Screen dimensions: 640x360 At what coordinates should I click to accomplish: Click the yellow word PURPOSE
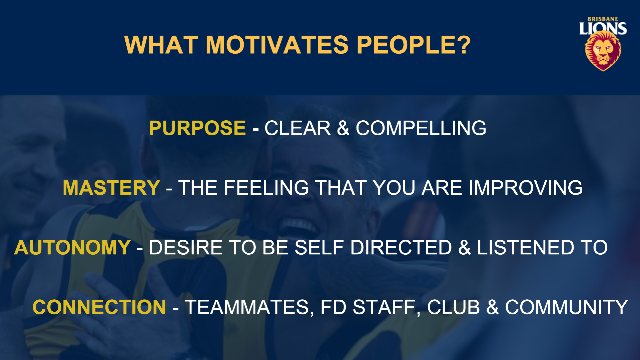[197, 128]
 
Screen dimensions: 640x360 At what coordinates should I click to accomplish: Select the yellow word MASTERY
[111, 188]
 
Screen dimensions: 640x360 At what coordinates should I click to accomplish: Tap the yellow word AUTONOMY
[72, 247]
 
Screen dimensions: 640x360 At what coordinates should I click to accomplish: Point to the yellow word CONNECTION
[99, 307]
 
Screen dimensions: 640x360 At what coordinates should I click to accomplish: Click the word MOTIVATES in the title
[277, 45]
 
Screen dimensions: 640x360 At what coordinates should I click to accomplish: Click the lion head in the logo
[603, 51]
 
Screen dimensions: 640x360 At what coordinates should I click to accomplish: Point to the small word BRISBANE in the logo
[603, 19]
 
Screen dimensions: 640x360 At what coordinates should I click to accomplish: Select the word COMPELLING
[421, 128]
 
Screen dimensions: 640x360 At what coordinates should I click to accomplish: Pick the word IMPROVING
[526, 188]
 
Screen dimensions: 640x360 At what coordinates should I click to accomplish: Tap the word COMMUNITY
[567, 307]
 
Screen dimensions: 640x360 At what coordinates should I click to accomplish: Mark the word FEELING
[267, 188]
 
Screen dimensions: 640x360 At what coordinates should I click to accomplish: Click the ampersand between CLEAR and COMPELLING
[343, 128]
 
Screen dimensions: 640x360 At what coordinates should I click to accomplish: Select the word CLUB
[454, 307]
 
